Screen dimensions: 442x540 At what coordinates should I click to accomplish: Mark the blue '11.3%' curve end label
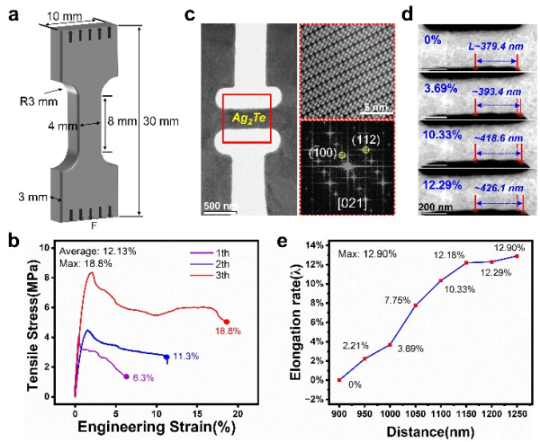[186, 357]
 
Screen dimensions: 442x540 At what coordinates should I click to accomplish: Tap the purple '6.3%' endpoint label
[141, 377]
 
